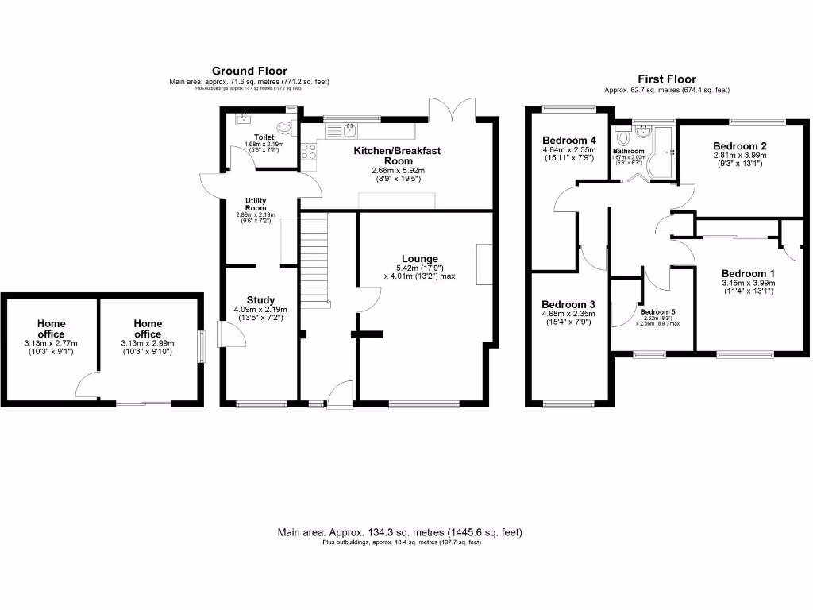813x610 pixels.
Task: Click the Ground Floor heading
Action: [x=249, y=71]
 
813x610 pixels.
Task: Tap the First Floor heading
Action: [x=667, y=79]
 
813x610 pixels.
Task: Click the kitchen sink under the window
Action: [x=349, y=128]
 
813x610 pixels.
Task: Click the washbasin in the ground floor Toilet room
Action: [x=241, y=119]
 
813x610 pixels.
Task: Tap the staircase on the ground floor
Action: [x=314, y=254]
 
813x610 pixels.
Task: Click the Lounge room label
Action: [x=420, y=258]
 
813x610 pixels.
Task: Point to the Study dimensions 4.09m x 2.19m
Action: [x=260, y=310]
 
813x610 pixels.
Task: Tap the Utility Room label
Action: [x=256, y=203]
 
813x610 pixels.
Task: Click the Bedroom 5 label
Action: [x=656, y=312]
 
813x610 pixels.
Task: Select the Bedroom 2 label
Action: [x=739, y=145]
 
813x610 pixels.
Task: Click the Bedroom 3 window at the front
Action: [x=568, y=404]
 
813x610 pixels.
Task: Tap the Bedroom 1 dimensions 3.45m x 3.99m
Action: [x=748, y=283]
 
